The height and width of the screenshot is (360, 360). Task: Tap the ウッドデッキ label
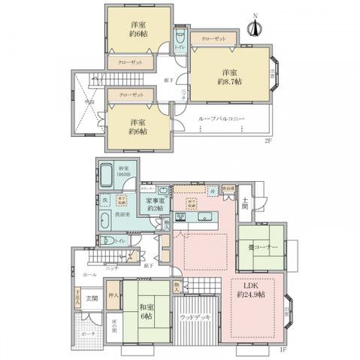(195, 319)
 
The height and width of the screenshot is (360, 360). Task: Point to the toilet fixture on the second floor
(180, 40)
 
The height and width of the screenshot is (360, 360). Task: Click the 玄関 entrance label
(91, 298)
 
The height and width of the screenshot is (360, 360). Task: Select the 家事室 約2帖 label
(156, 204)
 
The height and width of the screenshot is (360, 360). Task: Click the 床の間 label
(113, 327)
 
